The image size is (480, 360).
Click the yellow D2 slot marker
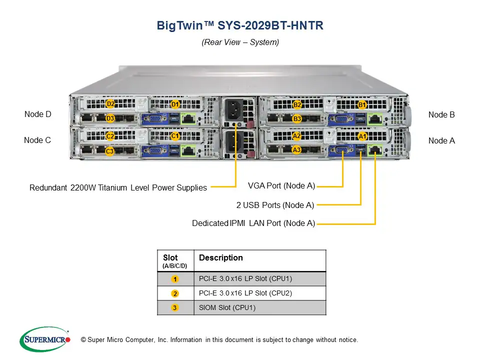pyautogui.click(x=110, y=104)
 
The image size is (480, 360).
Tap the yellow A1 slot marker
pyautogui.click(x=363, y=136)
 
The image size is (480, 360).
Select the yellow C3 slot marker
pyautogui.click(x=109, y=151)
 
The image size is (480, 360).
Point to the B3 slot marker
pyautogui.click(x=297, y=119)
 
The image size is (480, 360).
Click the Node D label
pyautogui.click(x=38, y=114)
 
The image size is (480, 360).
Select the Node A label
pyautogui.click(x=441, y=141)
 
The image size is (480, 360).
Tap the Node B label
pyautogui.click(x=441, y=115)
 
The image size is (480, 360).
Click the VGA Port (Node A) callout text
pyautogui.click(x=281, y=186)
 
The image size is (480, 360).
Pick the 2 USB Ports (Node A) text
pyautogui.click(x=275, y=205)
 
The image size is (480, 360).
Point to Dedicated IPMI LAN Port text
pyautogui.click(x=253, y=223)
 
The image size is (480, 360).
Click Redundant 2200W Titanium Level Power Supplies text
pyautogui.click(x=118, y=188)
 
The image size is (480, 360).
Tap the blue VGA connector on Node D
pyautogui.click(x=155, y=119)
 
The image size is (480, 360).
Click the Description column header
pyautogui.click(x=220, y=258)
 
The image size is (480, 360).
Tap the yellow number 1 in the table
pyautogui.click(x=175, y=279)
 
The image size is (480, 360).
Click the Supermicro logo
pyautogui.click(x=45, y=340)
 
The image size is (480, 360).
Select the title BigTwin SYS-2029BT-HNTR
pyautogui.click(x=240, y=25)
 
